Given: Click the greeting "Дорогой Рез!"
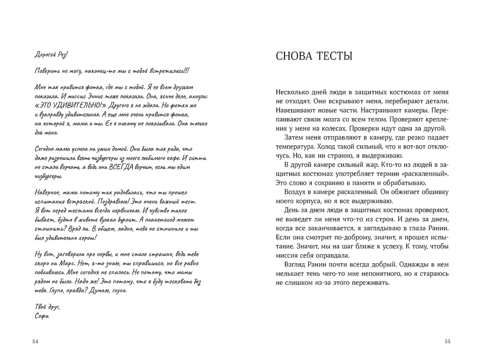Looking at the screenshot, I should point(51,54).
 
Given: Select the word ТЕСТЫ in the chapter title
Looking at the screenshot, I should point(336,57).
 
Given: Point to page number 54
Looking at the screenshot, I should point(35,342).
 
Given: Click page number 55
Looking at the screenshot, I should point(448,342).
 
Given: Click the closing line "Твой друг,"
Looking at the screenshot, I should point(48,307).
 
